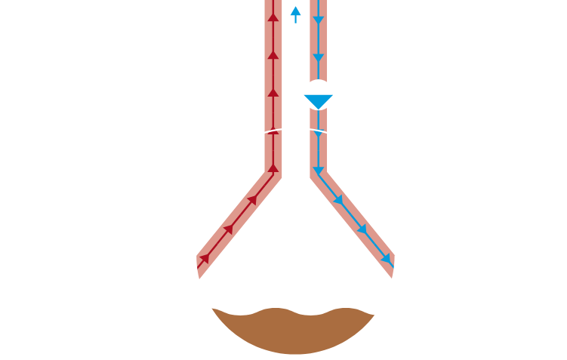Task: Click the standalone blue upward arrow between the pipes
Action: [x=295, y=13]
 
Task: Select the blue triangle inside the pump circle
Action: [x=318, y=100]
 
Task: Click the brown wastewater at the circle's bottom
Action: [x=294, y=332]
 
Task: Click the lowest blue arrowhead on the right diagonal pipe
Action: [x=387, y=259]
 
